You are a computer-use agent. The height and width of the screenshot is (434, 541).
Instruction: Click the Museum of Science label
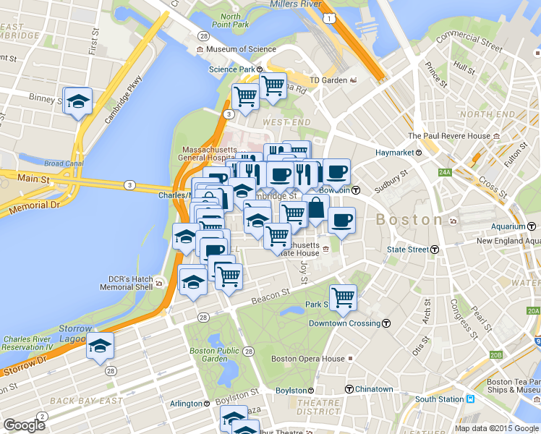tap(241, 49)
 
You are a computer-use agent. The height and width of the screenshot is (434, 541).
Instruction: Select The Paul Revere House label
tap(449, 135)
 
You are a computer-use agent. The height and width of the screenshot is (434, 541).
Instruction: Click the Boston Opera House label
tap(307, 358)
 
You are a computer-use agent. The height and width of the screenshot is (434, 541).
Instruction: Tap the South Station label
tap(439, 399)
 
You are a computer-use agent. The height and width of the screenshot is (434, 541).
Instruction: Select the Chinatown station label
tap(374, 389)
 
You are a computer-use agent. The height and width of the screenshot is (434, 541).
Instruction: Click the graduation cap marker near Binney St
tap(77, 101)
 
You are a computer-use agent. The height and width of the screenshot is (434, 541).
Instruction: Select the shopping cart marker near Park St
tap(343, 297)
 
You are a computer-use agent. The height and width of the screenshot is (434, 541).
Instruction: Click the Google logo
tap(24, 425)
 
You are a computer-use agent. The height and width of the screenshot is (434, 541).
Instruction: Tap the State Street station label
tap(409, 250)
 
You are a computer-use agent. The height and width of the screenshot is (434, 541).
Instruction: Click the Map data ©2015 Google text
tap(497, 428)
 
